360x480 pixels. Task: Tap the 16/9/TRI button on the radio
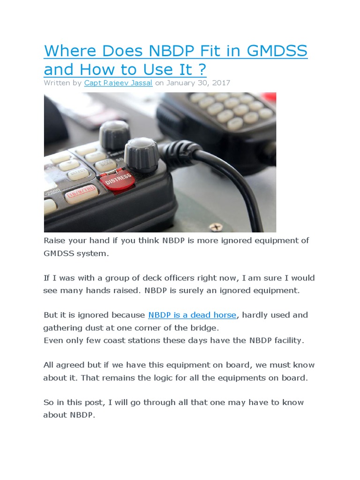pyautogui.click(x=82, y=192)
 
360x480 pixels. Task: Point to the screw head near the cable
pyautogui.click(x=215, y=227)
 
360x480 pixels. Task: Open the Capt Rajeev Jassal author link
pyautogui.click(x=118, y=82)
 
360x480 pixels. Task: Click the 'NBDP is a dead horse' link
pyautogui.click(x=192, y=315)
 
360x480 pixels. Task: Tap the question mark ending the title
pyautogui.click(x=202, y=69)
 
